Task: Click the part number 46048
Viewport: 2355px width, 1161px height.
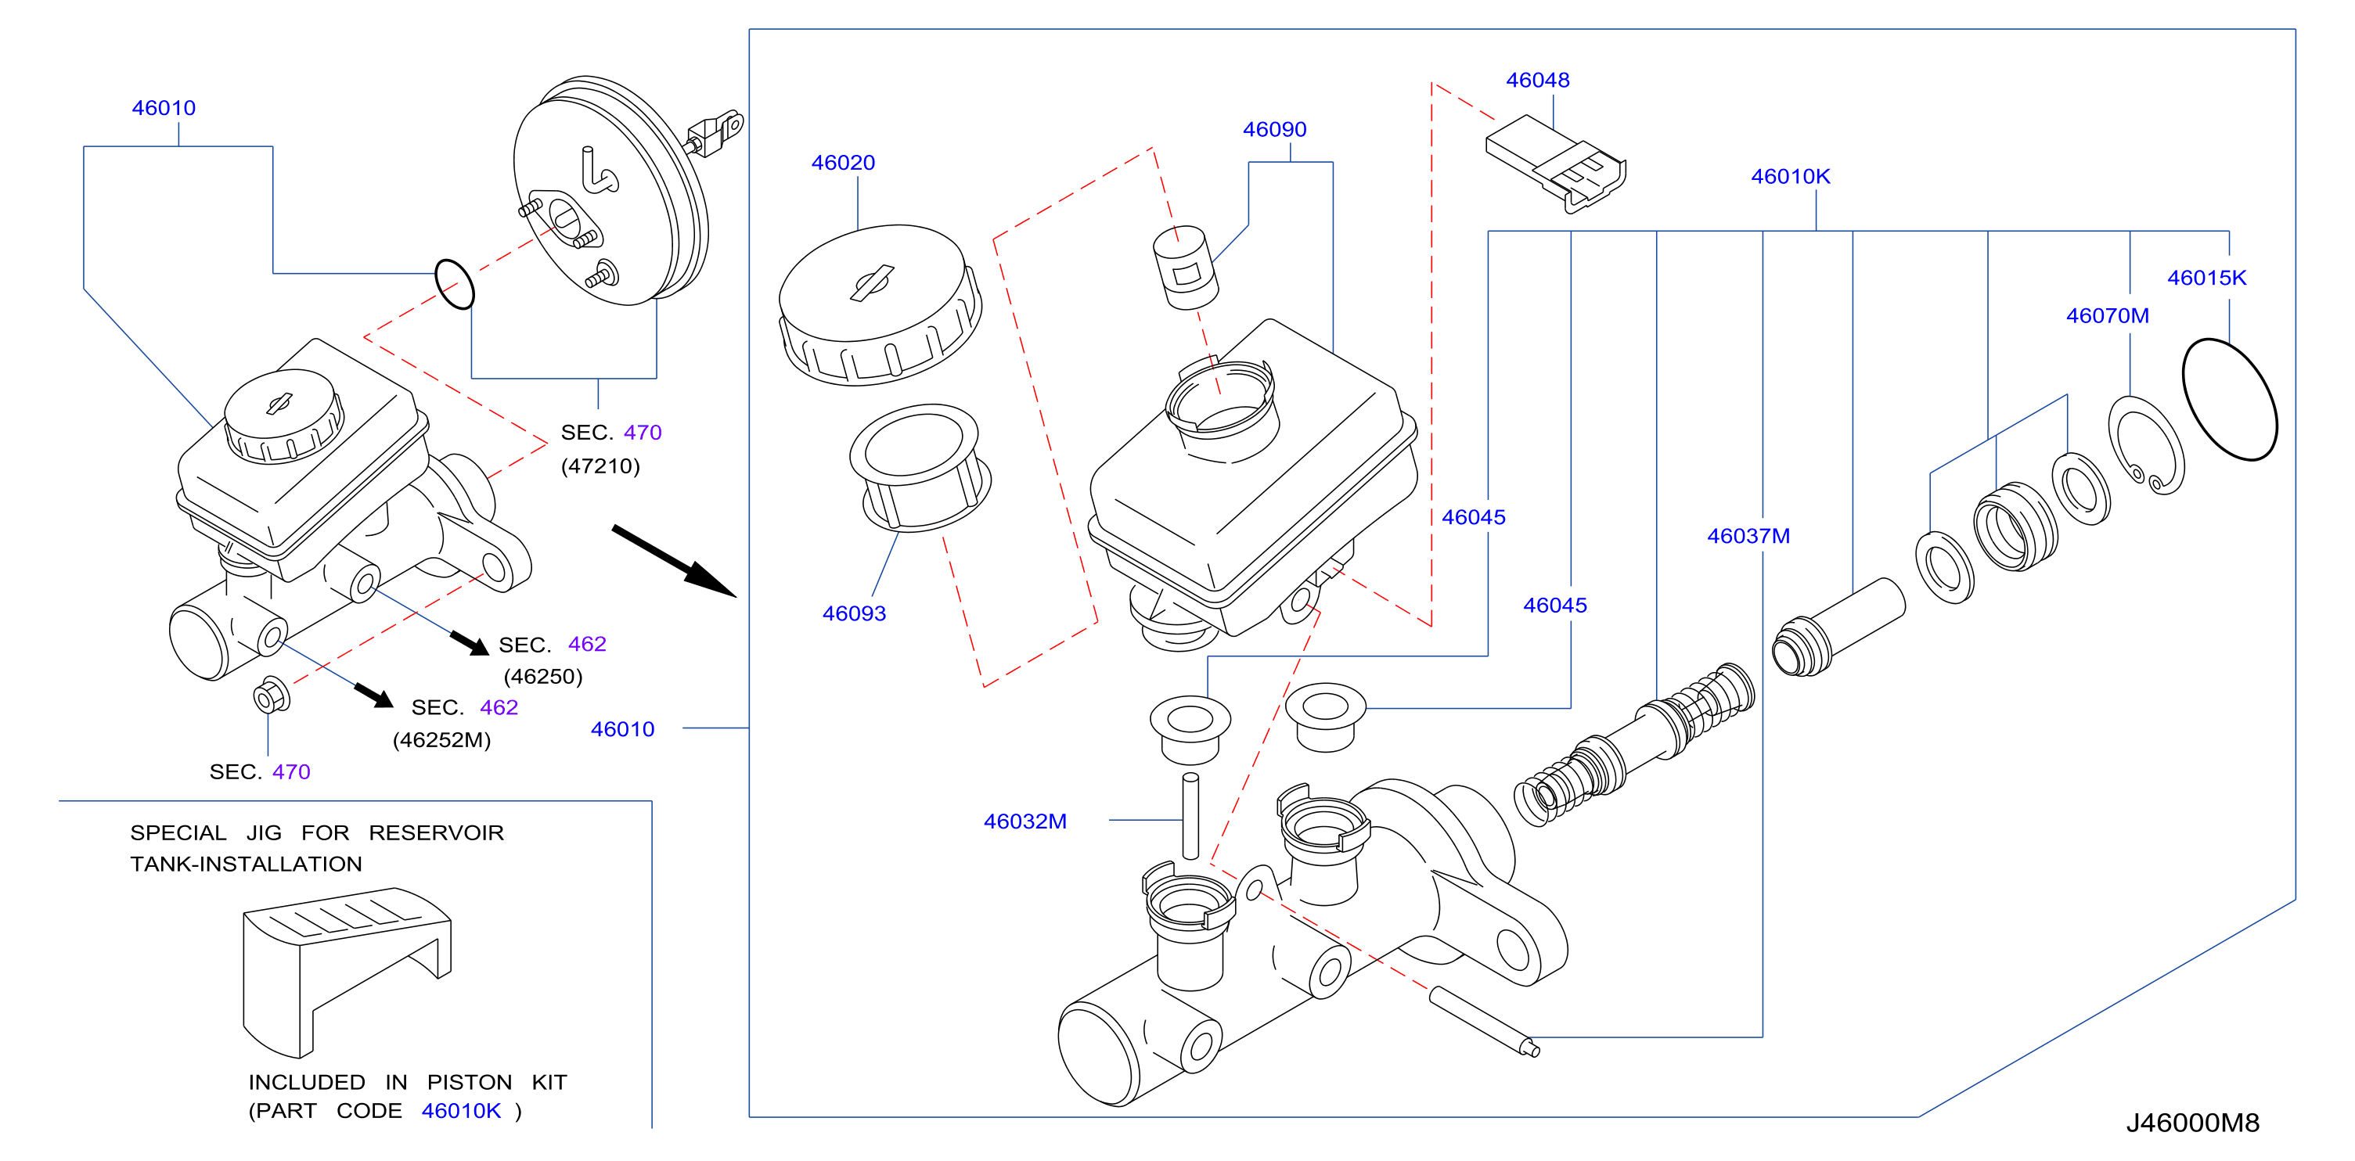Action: click(1537, 81)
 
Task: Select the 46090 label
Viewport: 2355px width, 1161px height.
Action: click(1273, 130)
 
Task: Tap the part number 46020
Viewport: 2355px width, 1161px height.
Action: click(843, 163)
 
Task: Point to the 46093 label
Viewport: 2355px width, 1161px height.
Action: click(854, 613)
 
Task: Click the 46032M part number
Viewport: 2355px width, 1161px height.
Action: click(1024, 821)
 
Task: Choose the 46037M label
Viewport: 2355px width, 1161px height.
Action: click(1748, 537)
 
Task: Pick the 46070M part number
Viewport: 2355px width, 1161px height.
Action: click(2107, 316)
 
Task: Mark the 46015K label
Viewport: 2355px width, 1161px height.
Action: click(2206, 278)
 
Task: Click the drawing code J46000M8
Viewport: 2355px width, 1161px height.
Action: click(2192, 1123)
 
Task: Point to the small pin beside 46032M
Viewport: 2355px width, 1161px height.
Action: click(1190, 816)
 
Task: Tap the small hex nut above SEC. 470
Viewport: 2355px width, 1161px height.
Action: click(272, 696)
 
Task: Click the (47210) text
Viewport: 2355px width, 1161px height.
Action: click(600, 466)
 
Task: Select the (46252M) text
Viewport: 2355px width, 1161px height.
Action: click(441, 740)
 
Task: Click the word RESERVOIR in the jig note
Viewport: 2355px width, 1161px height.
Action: click(436, 833)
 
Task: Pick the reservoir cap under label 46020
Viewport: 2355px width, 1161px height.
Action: click(880, 305)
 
